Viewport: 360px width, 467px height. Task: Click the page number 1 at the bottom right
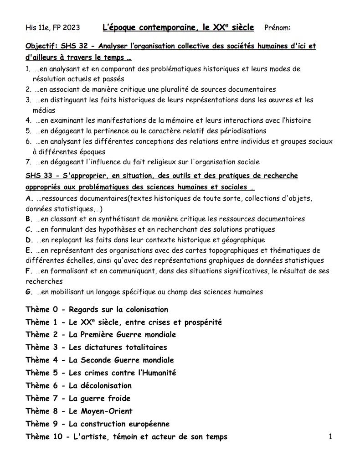click(330, 437)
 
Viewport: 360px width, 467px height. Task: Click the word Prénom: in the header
click(277, 28)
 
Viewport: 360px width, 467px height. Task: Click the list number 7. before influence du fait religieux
click(28, 162)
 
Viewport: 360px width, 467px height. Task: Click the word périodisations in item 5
click(243, 131)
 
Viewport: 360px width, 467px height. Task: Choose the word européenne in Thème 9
click(145, 424)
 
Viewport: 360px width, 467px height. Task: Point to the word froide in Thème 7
click(118, 399)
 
